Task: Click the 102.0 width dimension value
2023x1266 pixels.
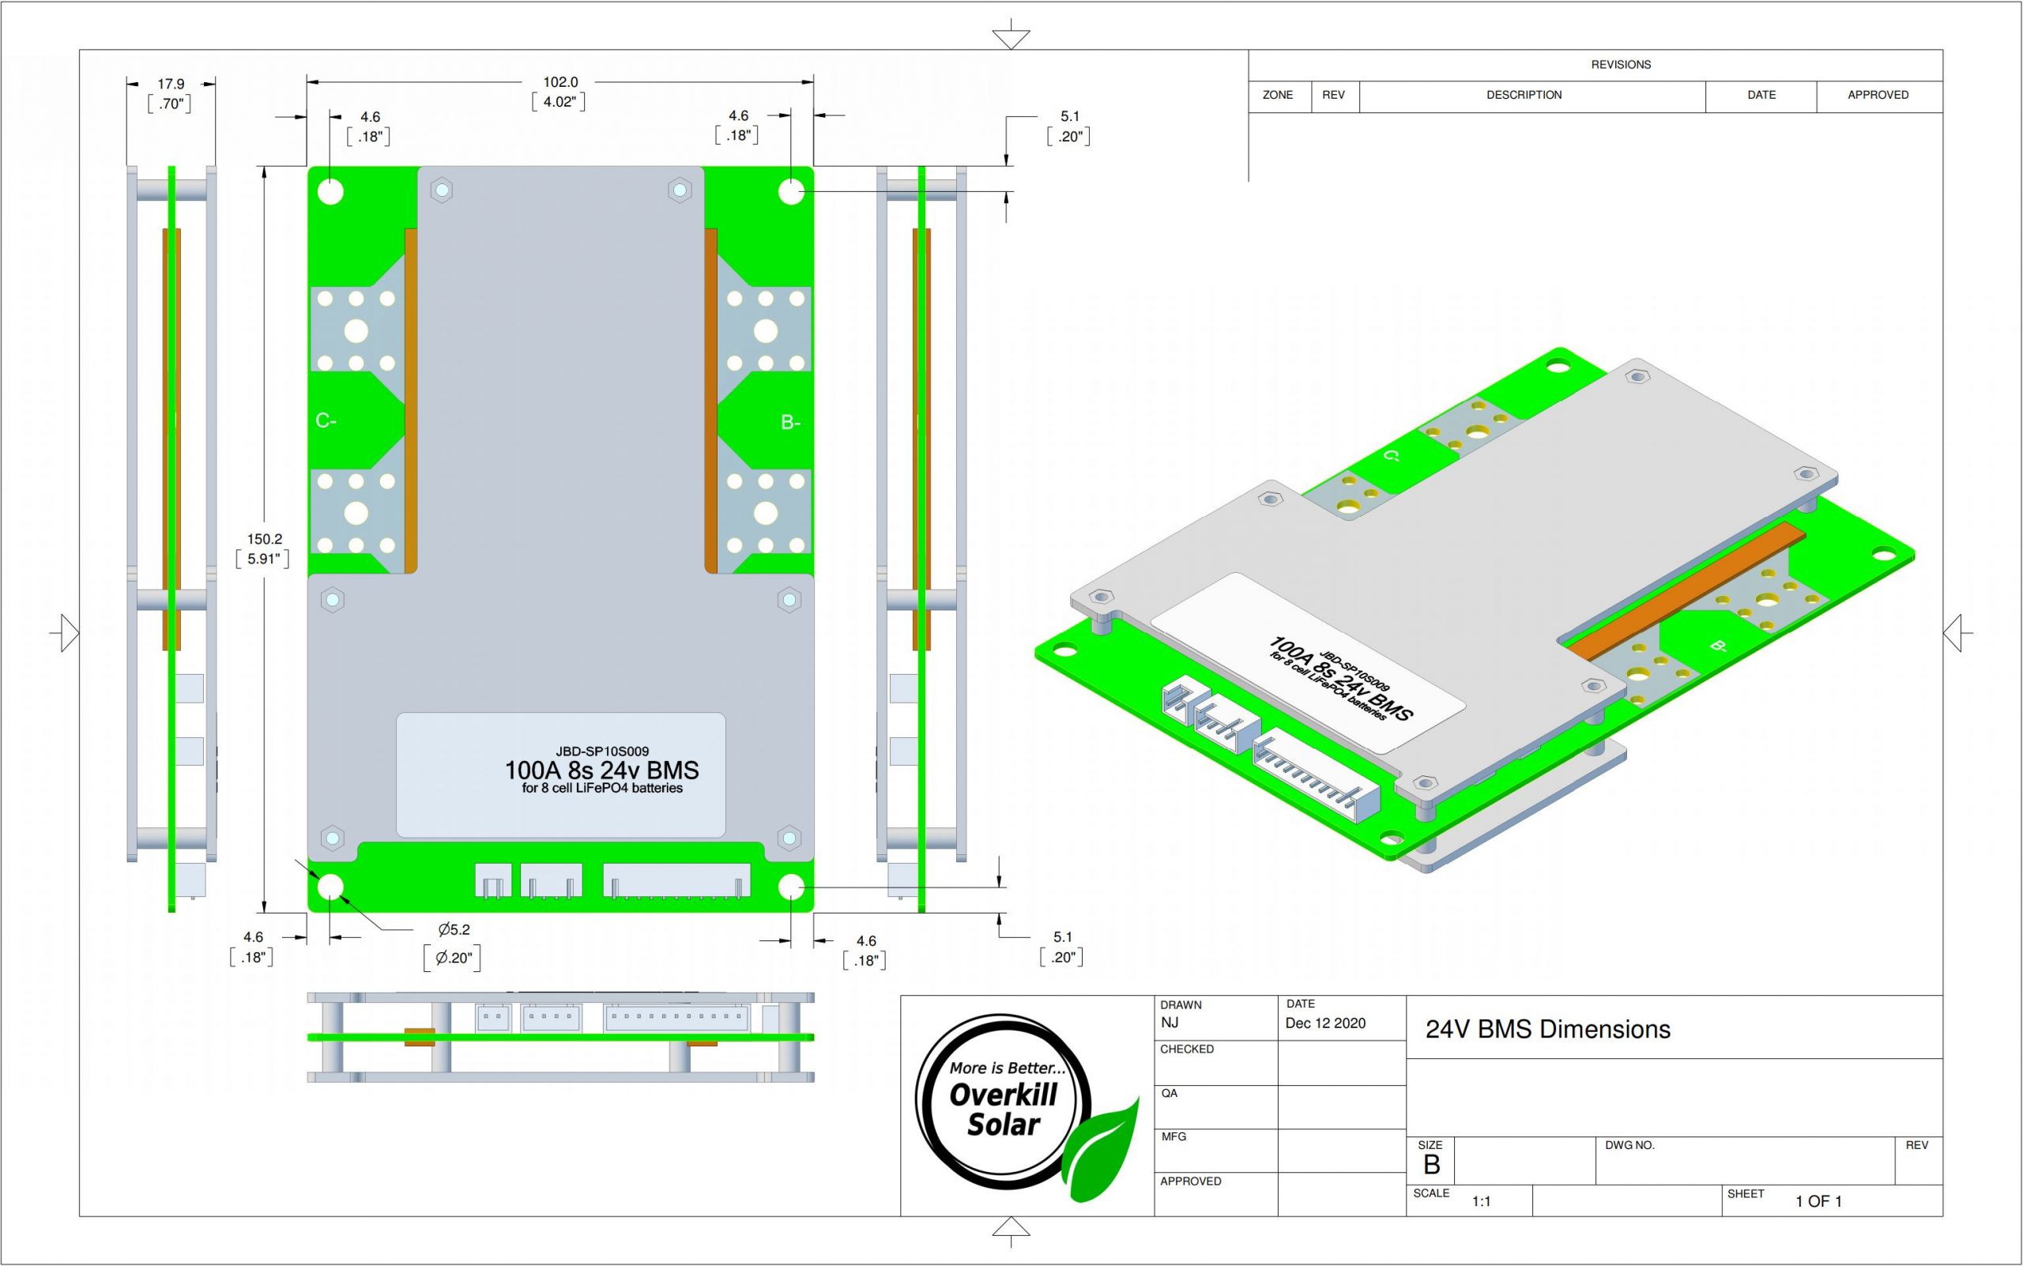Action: click(x=560, y=82)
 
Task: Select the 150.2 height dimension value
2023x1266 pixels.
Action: click(x=264, y=539)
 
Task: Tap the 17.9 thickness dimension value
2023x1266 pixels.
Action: click(x=171, y=84)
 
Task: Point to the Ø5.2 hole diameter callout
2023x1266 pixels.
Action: click(x=454, y=929)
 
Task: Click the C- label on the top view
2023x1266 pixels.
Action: click(x=326, y=420)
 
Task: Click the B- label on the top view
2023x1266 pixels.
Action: click(x=790, y=423)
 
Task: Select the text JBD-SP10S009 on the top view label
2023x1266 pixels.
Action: click(x=602, y=751)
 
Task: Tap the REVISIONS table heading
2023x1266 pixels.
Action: click(x=1621, y=65)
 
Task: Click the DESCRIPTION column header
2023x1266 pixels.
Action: click(x=1524, y=95)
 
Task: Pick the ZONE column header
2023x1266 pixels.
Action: click(x=1278, y=95)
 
